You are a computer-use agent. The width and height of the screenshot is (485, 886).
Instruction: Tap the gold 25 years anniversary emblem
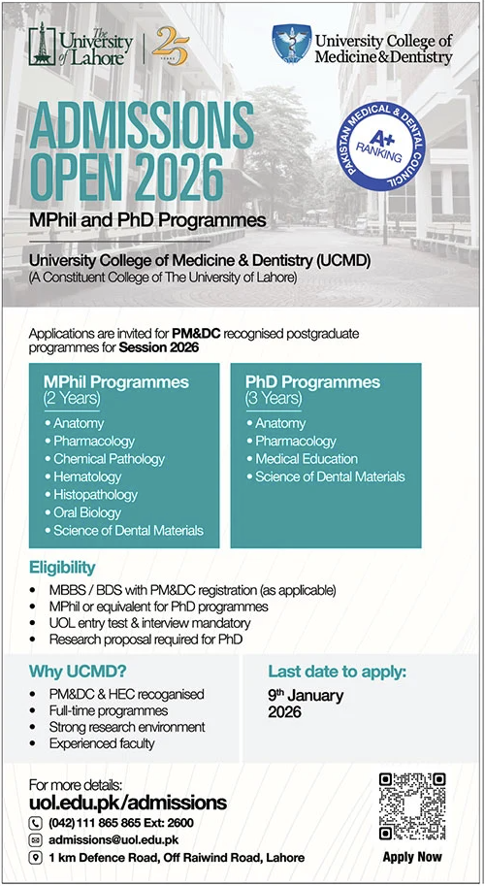170,46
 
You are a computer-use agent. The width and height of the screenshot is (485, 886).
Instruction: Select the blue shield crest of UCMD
291,43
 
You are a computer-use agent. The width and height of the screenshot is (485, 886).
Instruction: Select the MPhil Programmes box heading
116,382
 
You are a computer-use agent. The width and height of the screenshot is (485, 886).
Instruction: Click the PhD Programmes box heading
312,382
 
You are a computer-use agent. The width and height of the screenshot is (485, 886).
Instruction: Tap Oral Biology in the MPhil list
82,512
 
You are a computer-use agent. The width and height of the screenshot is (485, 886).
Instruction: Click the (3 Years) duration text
274,399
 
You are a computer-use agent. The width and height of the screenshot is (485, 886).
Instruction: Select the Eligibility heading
62,568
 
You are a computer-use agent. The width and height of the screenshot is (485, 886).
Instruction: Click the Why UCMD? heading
78,672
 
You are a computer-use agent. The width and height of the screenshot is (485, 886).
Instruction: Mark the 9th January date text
306,695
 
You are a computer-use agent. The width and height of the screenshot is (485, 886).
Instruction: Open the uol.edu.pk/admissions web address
128,803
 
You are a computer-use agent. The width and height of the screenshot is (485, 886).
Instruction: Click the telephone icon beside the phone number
36,823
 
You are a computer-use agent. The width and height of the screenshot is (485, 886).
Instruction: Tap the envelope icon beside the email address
36,839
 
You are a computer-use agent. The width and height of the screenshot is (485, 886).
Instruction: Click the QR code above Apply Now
412,806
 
